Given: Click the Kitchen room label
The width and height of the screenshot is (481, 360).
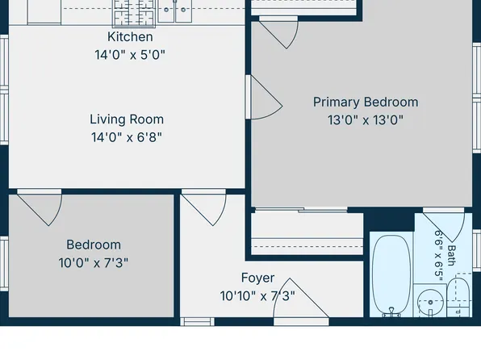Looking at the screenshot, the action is point(130,37).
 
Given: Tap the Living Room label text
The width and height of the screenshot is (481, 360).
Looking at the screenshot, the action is point(127,119).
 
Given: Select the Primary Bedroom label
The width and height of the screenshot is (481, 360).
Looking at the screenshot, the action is point(366,103).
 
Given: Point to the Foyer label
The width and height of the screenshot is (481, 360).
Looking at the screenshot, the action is point(257,278).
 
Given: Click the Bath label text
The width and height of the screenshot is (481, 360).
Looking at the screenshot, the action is point(452,255).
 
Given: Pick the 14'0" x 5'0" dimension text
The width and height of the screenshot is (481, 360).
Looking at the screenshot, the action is point(130,55).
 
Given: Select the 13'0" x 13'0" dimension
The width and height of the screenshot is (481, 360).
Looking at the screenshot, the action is point(366,120).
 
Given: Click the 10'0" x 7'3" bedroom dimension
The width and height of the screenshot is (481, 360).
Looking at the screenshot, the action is point(94,263).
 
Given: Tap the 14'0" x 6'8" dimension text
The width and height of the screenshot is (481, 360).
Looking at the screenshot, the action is point(127,137).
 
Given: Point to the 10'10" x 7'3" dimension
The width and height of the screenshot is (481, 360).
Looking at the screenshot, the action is point(257,296).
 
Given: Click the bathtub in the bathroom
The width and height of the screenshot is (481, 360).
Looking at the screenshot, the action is point(391,274).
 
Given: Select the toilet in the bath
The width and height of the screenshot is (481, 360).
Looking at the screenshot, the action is point(458,297).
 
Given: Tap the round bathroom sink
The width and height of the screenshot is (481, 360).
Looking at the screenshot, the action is point(430,303).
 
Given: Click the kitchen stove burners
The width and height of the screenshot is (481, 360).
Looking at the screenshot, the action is point(133,12).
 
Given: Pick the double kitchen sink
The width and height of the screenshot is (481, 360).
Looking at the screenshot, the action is point(175,10).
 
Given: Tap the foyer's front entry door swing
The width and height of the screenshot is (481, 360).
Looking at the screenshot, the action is point(300,298).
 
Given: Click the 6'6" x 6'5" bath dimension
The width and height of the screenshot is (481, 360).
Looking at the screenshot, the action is point(439,255).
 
